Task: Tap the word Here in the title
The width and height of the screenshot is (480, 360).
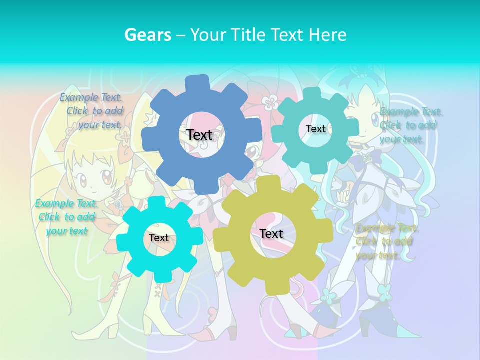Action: point(328,35)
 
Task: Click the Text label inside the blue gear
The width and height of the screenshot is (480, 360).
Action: point(199,135)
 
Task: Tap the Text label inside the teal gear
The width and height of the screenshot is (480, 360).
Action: point(315,129)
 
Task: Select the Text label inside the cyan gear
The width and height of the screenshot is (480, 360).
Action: point(159,238)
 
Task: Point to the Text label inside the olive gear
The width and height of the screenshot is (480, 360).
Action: point(271,233)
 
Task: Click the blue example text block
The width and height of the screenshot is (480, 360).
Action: point(92,111)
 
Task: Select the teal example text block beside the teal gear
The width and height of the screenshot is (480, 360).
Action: point(410,125)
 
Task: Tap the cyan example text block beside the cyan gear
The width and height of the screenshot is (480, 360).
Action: point(66,217)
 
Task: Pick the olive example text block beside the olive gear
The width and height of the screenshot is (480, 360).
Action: point(386,242)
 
